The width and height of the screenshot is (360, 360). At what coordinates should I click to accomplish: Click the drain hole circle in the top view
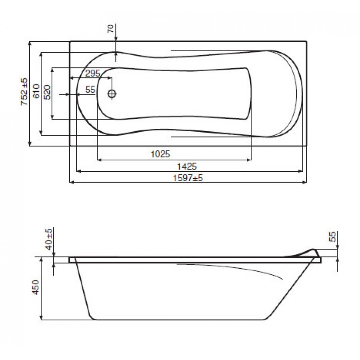coord(112,94)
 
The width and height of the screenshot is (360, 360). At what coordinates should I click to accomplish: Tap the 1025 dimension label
coord(160,154)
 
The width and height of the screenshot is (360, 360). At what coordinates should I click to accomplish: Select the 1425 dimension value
coord(187,166)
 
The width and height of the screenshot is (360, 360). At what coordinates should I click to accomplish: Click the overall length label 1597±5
coord(188,178)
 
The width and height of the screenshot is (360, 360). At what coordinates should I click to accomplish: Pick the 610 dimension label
coord(36,91)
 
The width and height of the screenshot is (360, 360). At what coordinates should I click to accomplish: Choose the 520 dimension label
coord(47,92)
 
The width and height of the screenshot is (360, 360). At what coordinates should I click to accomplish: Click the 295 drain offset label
coord(93,74)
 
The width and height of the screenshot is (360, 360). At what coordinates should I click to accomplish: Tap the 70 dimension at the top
coord(111,29)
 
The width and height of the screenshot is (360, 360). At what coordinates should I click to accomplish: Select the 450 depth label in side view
coord(36,287)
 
